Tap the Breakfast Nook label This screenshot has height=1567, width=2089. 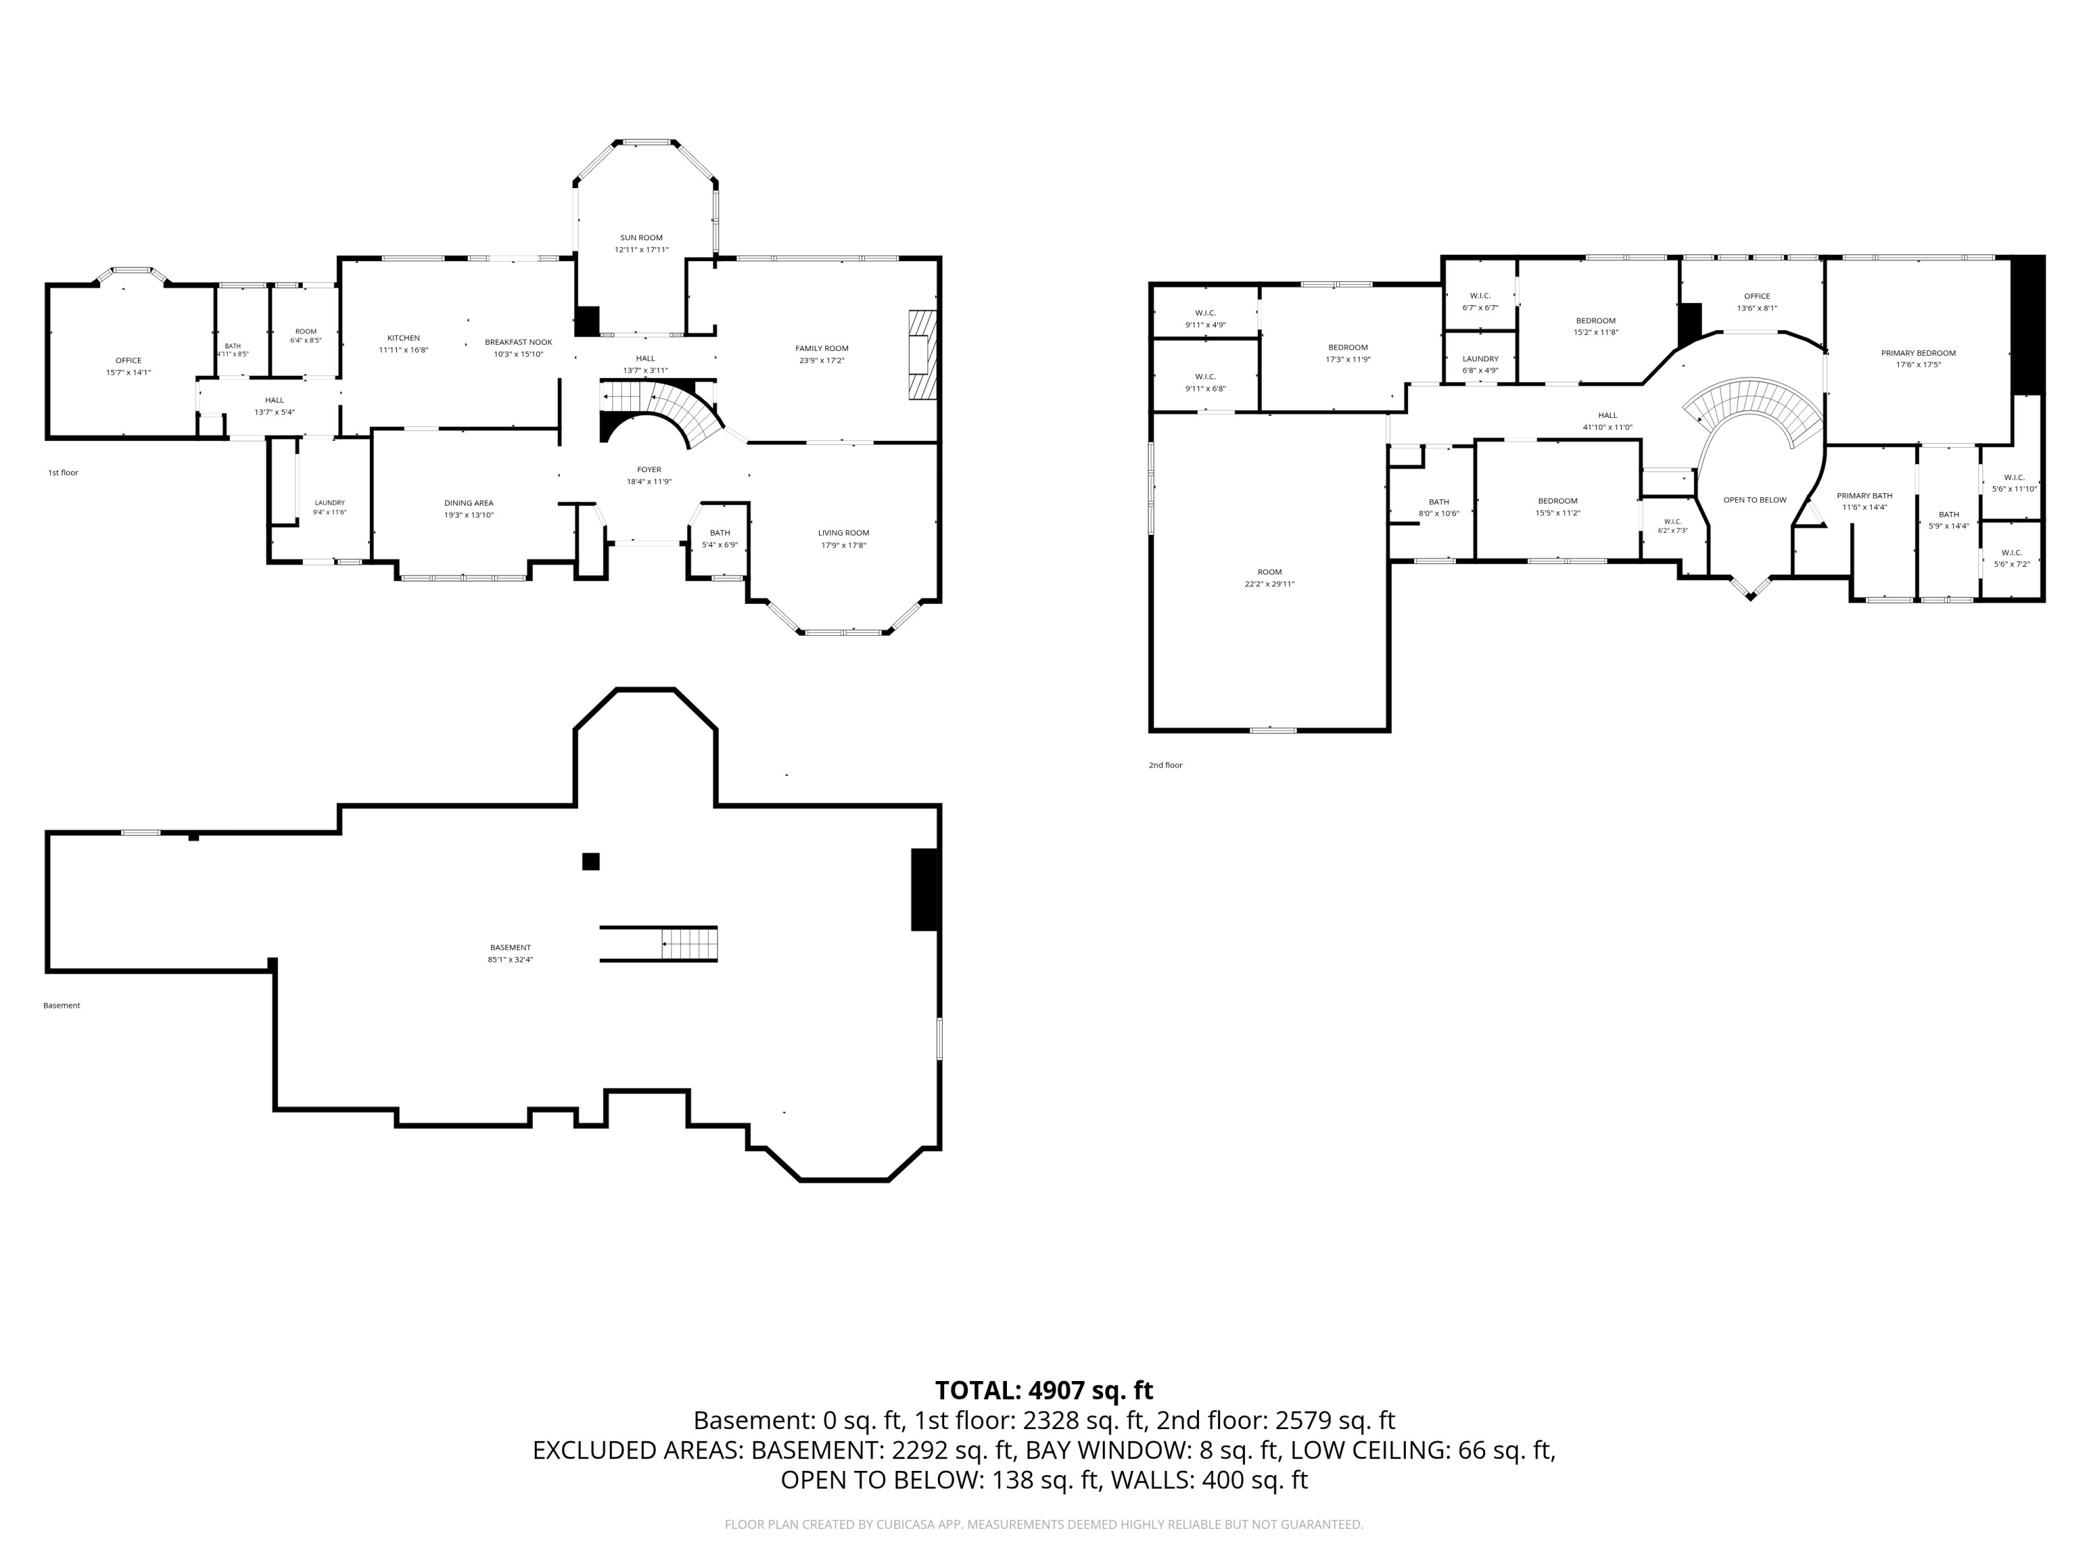pyautogui.click(x=519, y=342)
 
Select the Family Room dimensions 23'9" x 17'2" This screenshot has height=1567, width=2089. pyautogui.click(x=822, y=361)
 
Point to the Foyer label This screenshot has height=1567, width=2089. pyautogui.click(x=649, y=469)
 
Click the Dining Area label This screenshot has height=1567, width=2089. pyautogui.click(x=469, y=504)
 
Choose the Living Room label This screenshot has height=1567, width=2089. pyautogui.click(x=843, y=533)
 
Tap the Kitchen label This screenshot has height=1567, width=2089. pyautogui.click(x=403, y=338)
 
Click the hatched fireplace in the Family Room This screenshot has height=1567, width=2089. pyautogui.click(x=923, y=354)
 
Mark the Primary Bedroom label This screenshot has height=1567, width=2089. pyautogui.click(x=1918, y=353)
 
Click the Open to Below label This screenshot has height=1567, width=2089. pyautogui.click(x=1755, y=499)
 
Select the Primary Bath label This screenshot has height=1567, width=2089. pyautogui.click(x=1864, y=496)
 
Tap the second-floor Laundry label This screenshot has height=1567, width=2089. pyautogui.click(x=1480, y=359)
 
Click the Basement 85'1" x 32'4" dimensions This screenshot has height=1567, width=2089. pyautogui.click(x=510, y=960)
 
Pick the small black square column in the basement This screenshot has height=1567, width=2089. pyautogui.click(x=590, y=862)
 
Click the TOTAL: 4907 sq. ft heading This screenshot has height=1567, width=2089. pyautogui.click(x=1044, y=1390)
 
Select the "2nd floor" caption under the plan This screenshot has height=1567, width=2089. pyautogui.click(x=1166, y=765)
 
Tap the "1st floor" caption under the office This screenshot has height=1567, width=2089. pyautogui.click(x=63, y=472)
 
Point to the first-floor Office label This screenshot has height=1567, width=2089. pyautogui.click(x=128, y=361)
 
